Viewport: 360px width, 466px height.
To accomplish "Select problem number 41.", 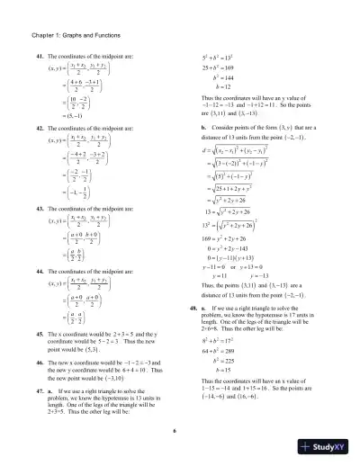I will [40, 57].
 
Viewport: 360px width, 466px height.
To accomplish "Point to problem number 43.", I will [40, 208].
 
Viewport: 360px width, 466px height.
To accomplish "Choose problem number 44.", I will [40, 272].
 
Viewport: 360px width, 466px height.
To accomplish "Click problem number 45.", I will [40, 333].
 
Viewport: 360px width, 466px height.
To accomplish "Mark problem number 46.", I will [40, 358].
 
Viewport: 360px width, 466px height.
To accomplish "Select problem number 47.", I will [40, 390].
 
